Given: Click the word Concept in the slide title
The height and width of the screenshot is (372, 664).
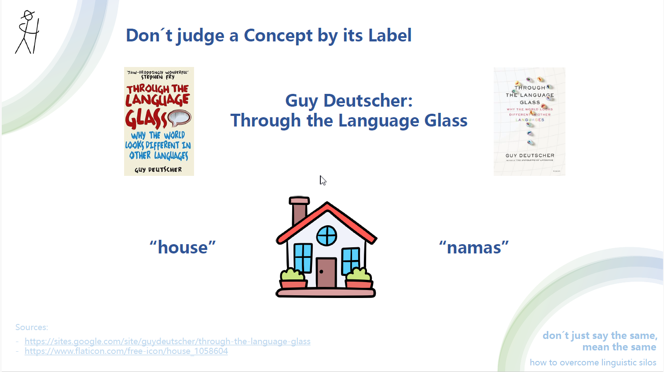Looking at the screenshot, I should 278,36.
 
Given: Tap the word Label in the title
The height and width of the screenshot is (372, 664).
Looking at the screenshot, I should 390,36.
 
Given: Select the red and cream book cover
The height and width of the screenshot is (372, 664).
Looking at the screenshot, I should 159,121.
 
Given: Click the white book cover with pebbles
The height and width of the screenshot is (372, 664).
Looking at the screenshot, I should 529,121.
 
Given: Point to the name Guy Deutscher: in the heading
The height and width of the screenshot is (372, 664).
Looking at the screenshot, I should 349,100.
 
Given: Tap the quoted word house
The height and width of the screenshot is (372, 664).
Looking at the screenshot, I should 183,248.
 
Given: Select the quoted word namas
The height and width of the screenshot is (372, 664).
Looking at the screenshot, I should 474,248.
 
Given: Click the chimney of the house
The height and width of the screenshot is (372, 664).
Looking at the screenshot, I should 299,211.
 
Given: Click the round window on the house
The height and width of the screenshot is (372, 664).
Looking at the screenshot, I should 327,236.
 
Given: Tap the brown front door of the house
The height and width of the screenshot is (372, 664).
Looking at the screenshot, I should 326,273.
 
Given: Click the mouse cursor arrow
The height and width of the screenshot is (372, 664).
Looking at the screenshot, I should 323,180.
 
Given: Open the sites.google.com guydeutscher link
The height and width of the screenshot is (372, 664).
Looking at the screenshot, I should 167,342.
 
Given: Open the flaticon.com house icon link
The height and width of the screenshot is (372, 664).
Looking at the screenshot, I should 126,351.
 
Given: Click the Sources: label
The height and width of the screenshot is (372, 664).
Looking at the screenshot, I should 32,327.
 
